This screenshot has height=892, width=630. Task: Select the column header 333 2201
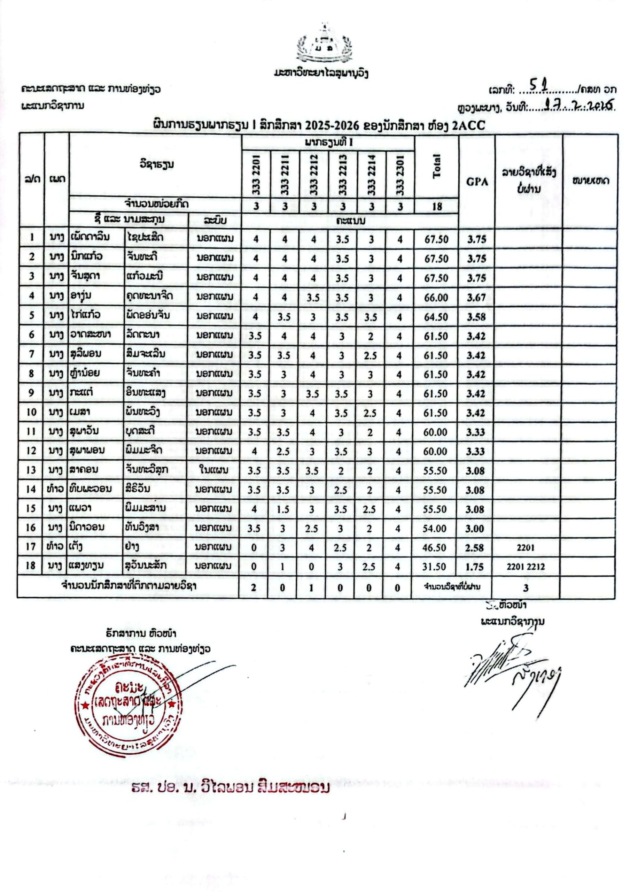pyautogui.click(x=256, y=175)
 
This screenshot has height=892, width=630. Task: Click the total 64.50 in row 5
pyautogui.click(x=436, y=317)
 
